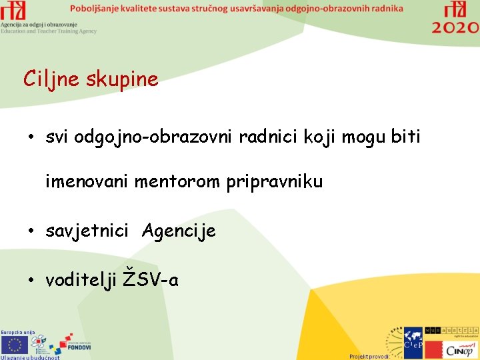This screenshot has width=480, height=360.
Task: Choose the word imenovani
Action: [87, 181]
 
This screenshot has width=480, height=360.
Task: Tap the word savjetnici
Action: [87, 231]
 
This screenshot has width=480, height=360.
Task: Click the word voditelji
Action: [82, 280]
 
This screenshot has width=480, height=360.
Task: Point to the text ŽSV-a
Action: [152, 279]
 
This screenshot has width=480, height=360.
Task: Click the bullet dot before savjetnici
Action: [31, 231]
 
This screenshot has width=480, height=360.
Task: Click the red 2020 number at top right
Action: [455, 27]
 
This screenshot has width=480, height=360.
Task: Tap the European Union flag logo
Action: [15, 344]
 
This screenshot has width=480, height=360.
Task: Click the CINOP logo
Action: [460, 349]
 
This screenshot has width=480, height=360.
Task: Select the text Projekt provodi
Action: [369, 356]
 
